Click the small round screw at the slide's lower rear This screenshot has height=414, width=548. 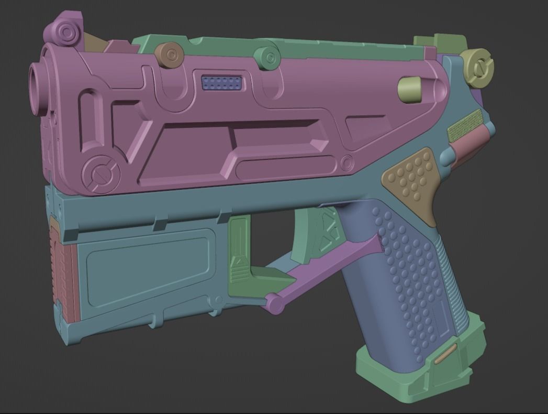tap(346, 163)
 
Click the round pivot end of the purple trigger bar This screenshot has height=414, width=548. tap(273, 302)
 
